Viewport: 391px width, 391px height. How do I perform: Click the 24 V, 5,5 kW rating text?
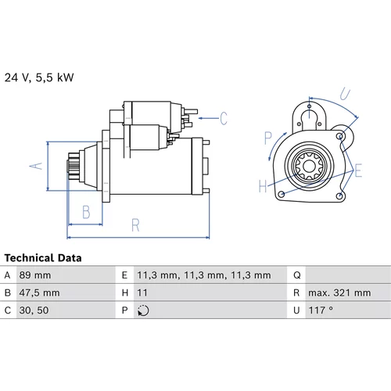39,77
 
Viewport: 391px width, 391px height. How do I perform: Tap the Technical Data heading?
43,258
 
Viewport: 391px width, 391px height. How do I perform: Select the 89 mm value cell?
35,275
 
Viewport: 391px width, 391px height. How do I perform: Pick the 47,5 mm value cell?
39,292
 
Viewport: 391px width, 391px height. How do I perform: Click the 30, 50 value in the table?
34,310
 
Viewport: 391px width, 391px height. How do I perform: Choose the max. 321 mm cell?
339,292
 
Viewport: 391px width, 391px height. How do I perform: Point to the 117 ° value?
321,310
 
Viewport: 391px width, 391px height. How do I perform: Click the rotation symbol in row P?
143,310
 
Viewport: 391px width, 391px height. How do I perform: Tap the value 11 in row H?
142,292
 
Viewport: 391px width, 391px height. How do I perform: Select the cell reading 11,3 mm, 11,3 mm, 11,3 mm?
204,275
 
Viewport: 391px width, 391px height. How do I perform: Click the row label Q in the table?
297,275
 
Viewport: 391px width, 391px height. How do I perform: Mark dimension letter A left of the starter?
36,166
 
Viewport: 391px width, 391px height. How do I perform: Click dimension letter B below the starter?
86,212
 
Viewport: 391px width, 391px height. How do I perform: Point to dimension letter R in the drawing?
135,225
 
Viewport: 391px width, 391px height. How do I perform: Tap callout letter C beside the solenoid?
224,118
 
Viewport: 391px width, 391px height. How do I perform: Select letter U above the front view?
345,94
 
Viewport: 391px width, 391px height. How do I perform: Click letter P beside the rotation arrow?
268,138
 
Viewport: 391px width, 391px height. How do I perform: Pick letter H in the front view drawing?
263,186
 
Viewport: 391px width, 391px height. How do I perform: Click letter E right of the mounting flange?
358,170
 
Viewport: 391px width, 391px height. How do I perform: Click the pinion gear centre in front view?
310,166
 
